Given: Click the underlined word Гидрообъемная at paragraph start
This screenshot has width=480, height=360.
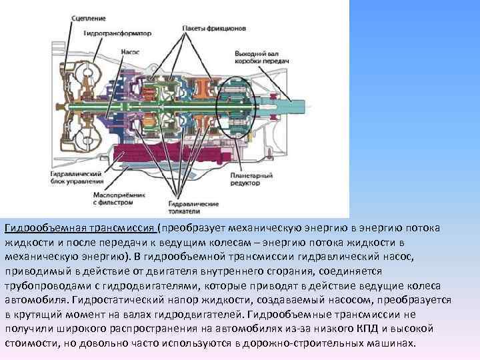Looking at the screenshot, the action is [x=43, y=228].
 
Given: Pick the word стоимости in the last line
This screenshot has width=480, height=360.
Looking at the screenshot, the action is [x=31, y=343].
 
